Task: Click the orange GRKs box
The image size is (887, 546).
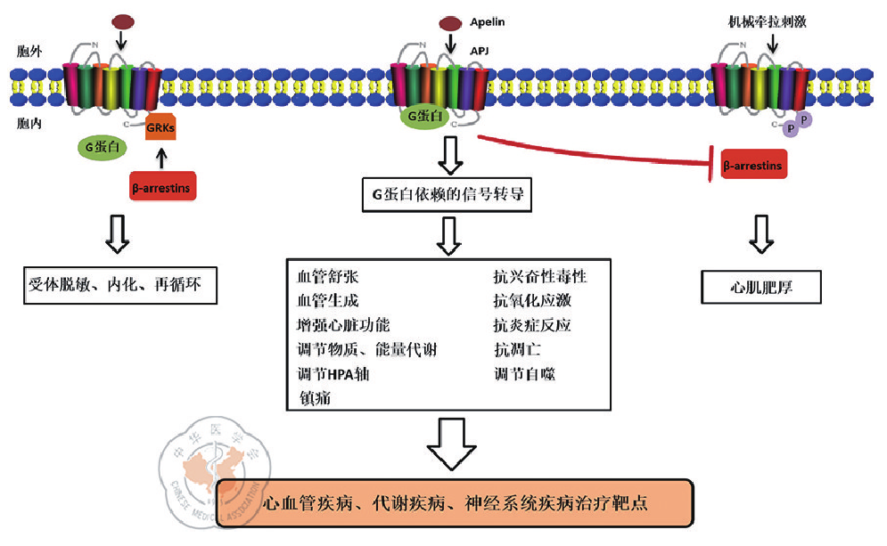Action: (160, 127)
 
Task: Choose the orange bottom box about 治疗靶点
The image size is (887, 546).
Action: (455, 502)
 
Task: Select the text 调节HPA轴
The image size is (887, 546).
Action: (333, 374)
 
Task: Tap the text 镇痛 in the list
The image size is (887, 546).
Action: (316, 398)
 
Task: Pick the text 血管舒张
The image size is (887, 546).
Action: (328, 276)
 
